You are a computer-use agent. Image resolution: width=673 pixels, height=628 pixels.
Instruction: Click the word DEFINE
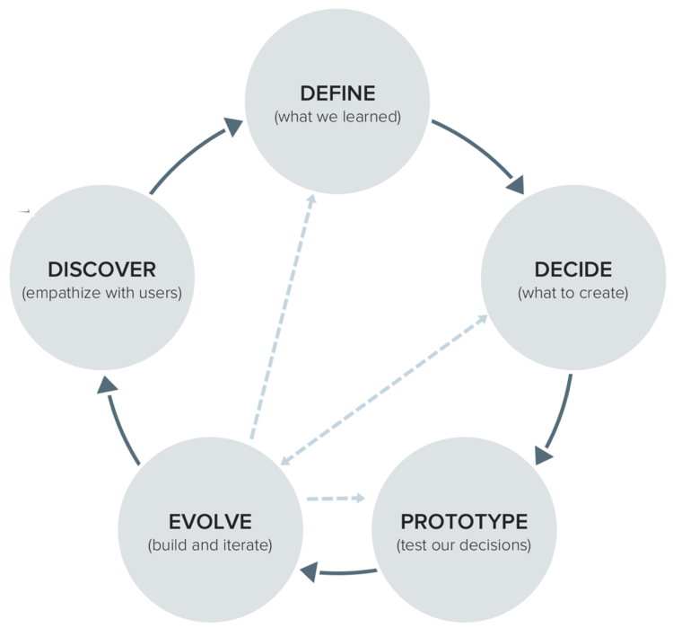click(x=336, y=93)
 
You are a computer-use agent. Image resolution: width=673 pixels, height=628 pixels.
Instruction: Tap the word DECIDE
click(x=572, y=269)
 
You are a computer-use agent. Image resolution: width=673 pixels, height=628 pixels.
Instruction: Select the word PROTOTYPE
click(x=464, y=522)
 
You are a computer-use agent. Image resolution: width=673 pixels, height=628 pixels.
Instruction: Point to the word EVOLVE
click(x=210, y=522)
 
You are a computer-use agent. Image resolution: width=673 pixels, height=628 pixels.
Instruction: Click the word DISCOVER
click(x=101, y=269)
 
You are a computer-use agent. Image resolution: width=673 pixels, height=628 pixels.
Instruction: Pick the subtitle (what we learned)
click(x=336, y=117)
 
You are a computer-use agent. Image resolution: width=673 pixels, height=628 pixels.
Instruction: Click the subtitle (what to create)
click(x=572, y=293)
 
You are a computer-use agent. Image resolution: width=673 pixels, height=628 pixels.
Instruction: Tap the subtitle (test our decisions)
click(x=464, y=545)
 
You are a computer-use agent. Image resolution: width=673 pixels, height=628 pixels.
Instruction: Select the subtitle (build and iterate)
click(x=210, y=545)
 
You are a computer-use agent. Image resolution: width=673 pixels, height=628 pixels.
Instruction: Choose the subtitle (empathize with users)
click(x=101, y=293)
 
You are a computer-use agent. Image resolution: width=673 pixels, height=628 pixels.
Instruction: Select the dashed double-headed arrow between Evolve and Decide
click(x=383, y=390)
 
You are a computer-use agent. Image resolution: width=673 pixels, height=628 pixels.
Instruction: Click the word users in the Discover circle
click(x=159, y=293)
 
